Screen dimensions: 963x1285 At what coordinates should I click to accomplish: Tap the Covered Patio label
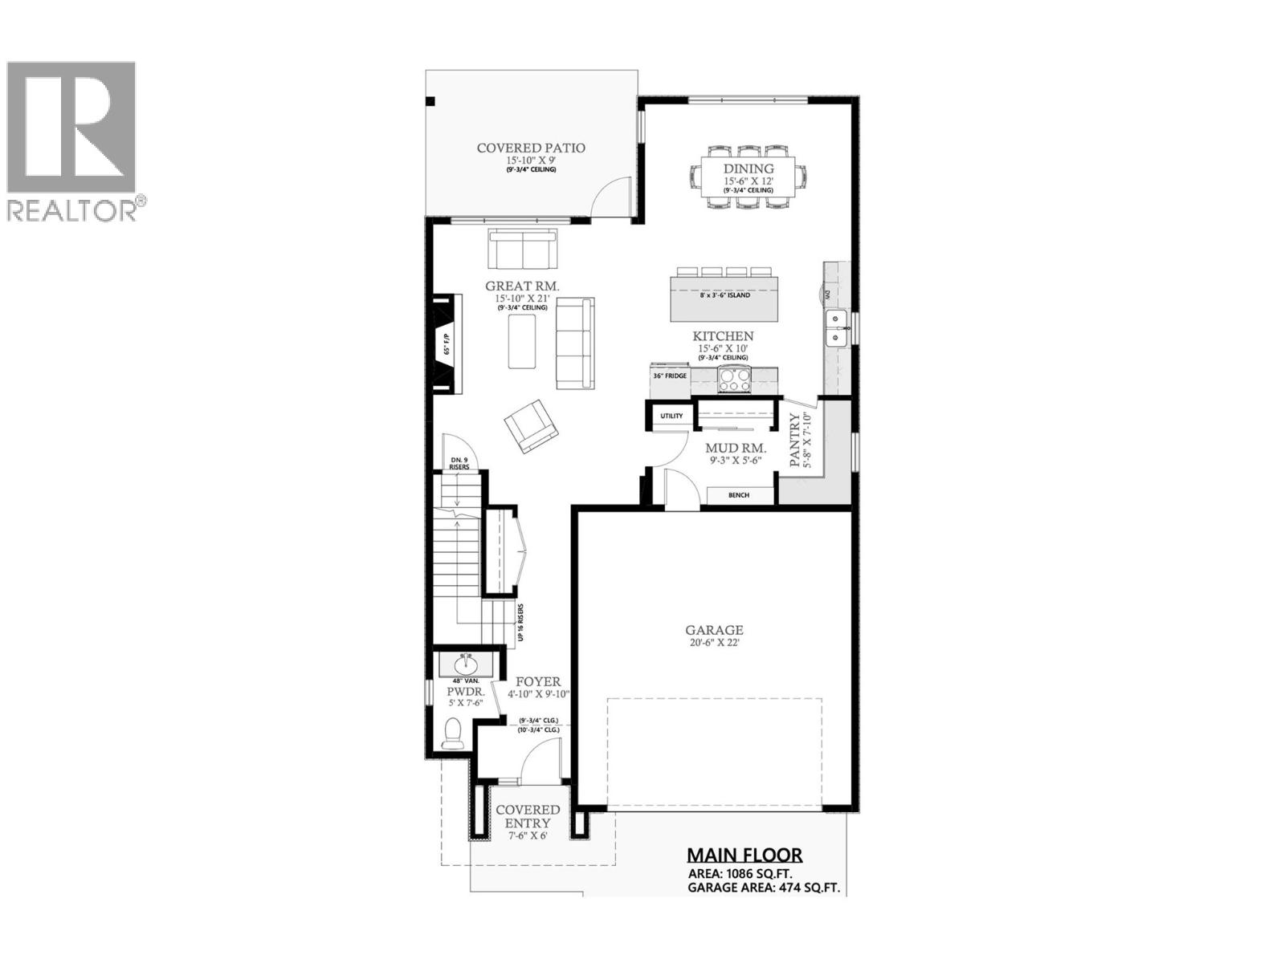531,148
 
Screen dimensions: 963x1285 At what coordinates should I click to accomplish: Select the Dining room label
749,169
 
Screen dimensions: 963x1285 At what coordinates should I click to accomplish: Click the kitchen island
724,295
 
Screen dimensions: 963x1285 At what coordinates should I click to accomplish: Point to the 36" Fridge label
670,376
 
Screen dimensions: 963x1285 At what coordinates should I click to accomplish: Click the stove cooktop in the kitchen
733,379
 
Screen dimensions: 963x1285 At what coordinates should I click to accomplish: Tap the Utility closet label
671,416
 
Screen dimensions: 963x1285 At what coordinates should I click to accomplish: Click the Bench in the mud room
739,495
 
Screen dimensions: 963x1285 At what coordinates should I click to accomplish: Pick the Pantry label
795,440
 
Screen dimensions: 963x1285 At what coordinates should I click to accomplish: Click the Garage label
714,631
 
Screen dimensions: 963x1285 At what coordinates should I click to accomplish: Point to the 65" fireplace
447,344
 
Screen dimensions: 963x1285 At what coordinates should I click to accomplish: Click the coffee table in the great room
522,341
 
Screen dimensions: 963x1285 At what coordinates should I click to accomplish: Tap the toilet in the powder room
452,733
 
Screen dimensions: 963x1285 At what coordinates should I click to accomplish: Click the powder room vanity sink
465,665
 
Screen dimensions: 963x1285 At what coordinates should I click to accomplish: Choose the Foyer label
538,682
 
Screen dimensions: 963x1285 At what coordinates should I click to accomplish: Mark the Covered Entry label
528,816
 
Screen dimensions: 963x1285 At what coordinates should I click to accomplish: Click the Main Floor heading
744,855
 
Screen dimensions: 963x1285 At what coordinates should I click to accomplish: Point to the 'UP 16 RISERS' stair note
521,622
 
